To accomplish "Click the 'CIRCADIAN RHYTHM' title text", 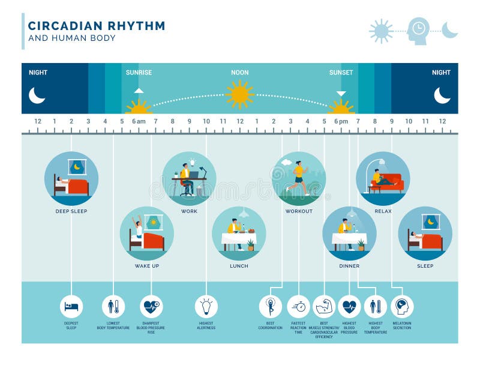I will (97, 26).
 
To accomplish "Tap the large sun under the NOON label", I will (239, 94).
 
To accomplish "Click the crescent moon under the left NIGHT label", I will (37, 95).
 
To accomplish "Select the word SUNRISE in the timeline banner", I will (139, 73).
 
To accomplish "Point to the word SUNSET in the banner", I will (341, 73).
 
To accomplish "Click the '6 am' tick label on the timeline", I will (139, 121).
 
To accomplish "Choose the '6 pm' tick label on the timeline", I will (341, 121).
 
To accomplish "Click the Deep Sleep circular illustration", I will (71, 178).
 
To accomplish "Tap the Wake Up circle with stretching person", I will (146, 234).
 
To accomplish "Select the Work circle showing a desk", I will (189, 178).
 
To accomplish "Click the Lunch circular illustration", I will (239, 234).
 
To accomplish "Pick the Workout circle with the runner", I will (299, 178).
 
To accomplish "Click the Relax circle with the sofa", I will (383, 178).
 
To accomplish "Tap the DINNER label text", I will (349, 265).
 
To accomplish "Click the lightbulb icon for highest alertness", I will (206, 306).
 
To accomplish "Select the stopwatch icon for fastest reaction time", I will (298, 306).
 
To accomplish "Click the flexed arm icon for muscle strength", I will (324, 306).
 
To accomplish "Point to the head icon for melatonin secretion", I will (402, 306).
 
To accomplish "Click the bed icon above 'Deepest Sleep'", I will (71, 306).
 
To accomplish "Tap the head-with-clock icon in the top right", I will (418, 30).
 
